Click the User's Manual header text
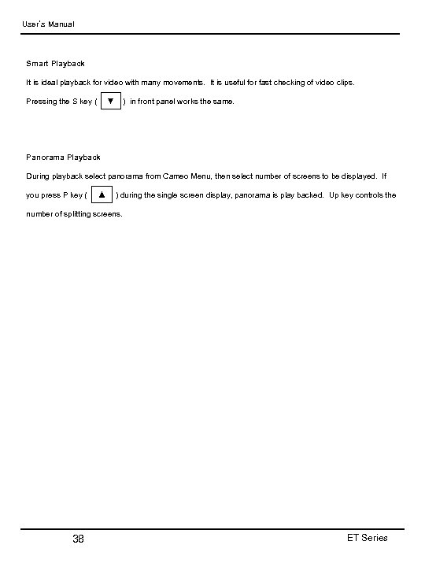tap(47, 24)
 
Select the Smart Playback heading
tap(55, 63)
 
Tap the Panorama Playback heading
tap(63, 157)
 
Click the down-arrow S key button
tap(110, 101)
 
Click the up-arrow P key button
tap(101, 195)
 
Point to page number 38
tap(78, 539)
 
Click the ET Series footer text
tap(367, 538)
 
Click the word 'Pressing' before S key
tap(42, 102)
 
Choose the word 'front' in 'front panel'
tap(150, 102)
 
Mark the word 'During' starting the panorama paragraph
tap(39, 176)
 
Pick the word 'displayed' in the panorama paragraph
tap(358, 176)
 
